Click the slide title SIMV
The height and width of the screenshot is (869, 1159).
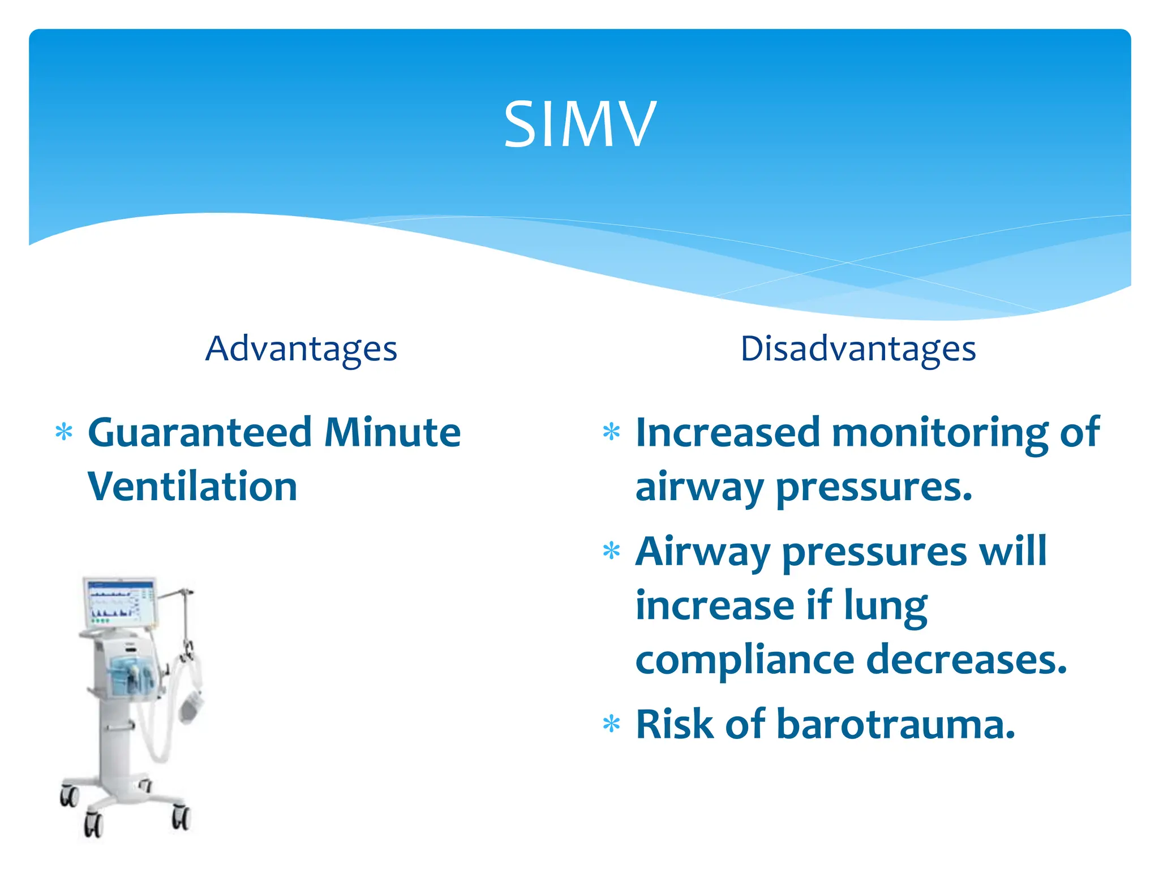(579, 124)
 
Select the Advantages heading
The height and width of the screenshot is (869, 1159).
(301, 349)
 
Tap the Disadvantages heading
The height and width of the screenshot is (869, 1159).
(858, 349)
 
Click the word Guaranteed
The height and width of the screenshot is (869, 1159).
(200, 433)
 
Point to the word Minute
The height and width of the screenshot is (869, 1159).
(392, 433)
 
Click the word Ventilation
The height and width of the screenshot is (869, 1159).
(192, 487)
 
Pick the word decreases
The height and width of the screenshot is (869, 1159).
(966, 660)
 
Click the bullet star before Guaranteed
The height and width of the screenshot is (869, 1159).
(64, 432)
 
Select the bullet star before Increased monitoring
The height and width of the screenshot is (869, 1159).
(611, 432)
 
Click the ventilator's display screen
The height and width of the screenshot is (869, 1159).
(119, 603)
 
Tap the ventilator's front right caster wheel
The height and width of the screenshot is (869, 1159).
(181, 818)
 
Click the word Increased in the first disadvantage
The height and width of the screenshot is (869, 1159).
(727, 433)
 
